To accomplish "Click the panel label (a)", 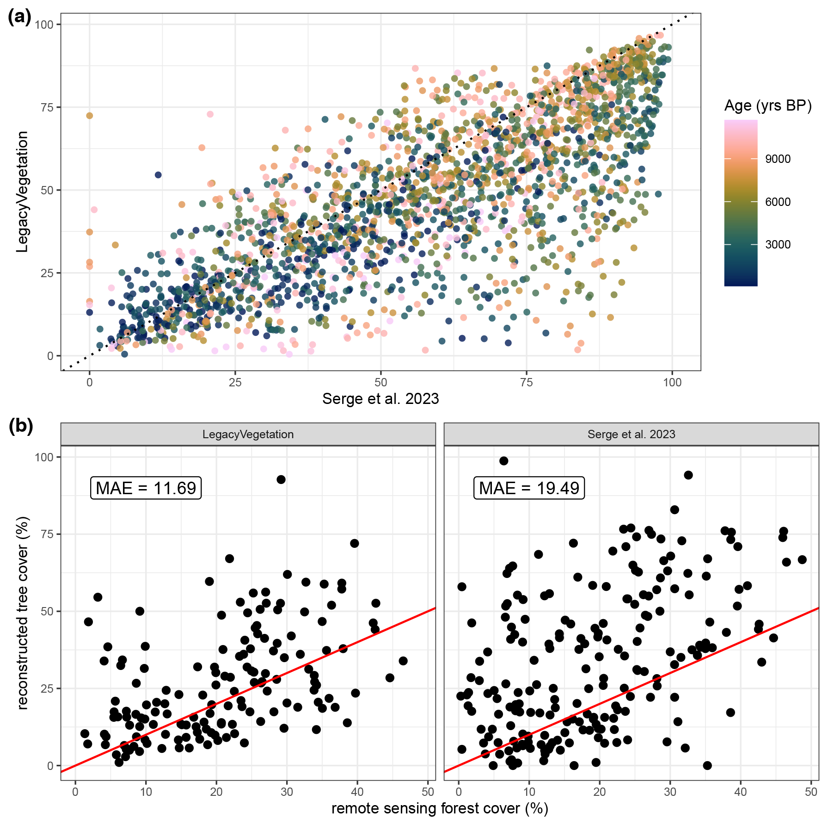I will click(x=19, y=17).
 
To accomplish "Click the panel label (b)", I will click(x=21, y=426).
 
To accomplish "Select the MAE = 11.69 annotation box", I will click(x=146, y=488).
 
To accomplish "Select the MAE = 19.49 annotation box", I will click(x=529, y=488).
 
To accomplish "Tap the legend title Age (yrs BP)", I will click(x=767, y=105).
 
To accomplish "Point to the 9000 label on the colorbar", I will click(x=778, y=159).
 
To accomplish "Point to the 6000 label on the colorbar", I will click(x=778, y=202).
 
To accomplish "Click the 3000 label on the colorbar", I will click(x=778, y=245).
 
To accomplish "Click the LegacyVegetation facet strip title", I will click(x=248, y=434).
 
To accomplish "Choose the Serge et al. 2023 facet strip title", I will click(x=631, y=434).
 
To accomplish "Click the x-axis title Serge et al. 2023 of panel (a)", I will click(x=380, y=398).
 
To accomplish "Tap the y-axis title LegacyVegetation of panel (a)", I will click(x=22, y=192).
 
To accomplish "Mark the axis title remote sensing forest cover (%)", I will click(x=439, y=808).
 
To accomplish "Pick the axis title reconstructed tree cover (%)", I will click(x=22, y=613).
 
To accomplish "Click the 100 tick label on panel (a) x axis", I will click(x=672, y=383).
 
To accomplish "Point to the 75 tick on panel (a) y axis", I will click(x=47, y=107).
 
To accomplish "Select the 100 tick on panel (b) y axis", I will click(x=44, y=457).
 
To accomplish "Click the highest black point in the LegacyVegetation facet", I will click(x=281, y=479).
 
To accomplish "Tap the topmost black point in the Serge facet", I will click(x=503, y=461).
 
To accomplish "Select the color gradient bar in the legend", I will click(x=741, y=203).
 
